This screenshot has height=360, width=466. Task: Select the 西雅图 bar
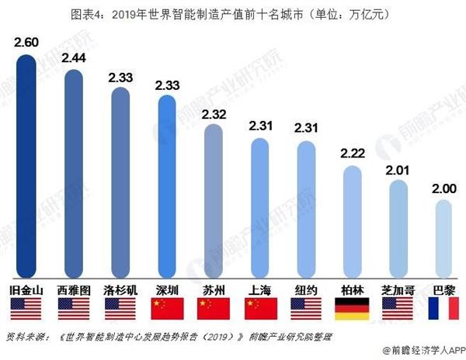[74, 175]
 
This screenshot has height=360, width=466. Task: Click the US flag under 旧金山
[27, 308]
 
